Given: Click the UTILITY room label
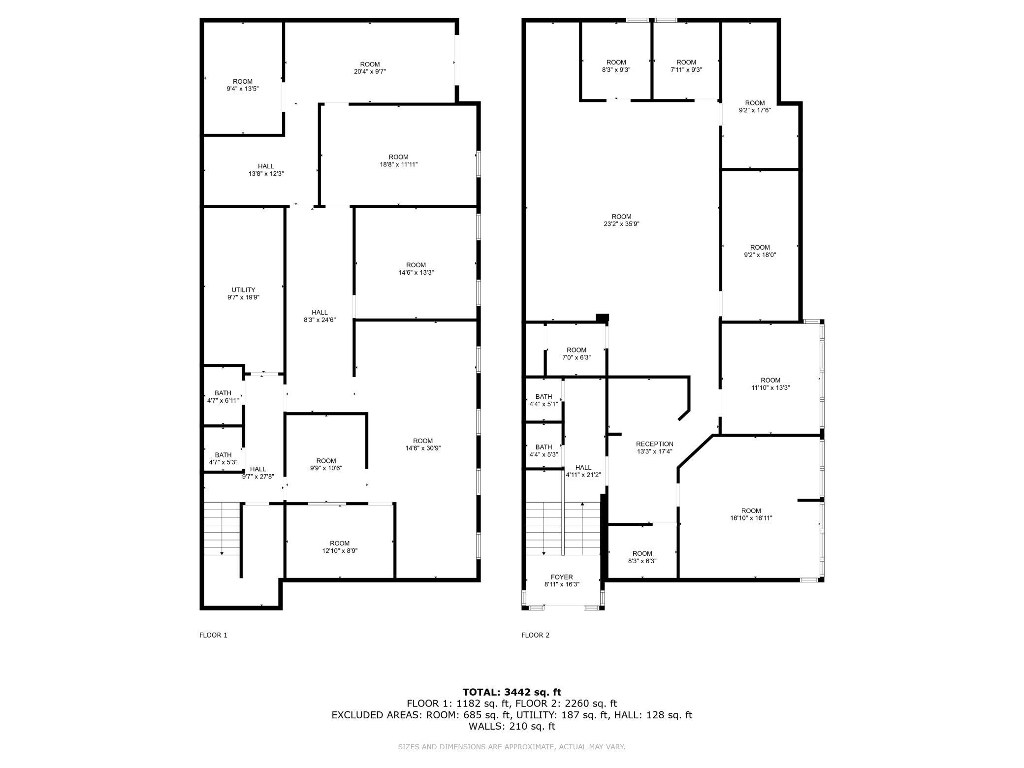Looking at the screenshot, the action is coord(243,290).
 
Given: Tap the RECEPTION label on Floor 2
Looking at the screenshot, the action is coord(654,444).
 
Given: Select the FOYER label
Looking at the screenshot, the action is coord(562,577).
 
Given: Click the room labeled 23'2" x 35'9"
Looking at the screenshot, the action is coord(622,220).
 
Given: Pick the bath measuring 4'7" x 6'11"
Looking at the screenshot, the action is coord(223,397).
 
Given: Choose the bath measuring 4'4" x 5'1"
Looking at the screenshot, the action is coord(544,400).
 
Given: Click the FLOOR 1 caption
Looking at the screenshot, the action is coord(213,635).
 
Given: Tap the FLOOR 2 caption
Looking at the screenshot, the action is coord(535,635).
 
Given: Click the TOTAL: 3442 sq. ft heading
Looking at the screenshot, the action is coord(512,692).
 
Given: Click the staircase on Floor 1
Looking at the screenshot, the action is coord(222,528).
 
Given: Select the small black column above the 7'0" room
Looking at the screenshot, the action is coord(602,318).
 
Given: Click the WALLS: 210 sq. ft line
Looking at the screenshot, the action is coord(512,726).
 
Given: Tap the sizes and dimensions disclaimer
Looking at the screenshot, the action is coord(512,747).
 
